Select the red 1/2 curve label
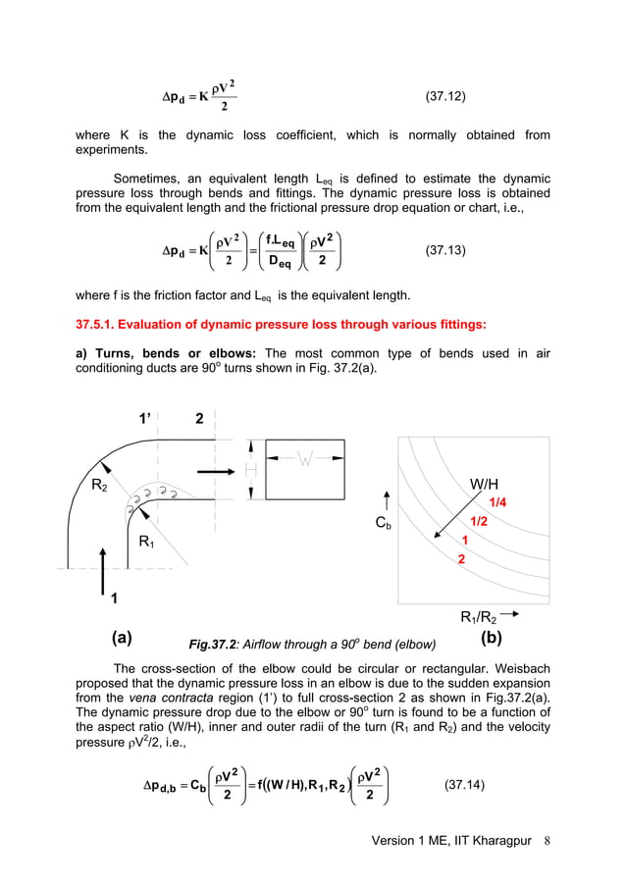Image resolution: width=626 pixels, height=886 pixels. click(x=481, y=521)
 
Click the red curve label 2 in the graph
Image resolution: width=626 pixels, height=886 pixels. click(x=462, y=557)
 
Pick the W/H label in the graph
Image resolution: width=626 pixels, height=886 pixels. click(x=491, y=484)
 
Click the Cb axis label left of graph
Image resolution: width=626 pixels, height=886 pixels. click(x=386, y=524)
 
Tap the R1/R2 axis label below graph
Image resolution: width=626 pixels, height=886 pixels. click(x=481, y=617)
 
